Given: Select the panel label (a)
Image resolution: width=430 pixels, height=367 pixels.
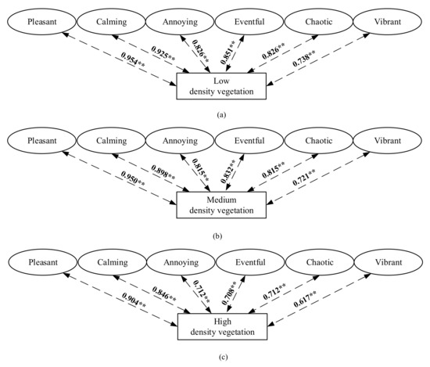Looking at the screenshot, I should pos(222,114).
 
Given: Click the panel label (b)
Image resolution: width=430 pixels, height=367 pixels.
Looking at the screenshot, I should pos(222,235).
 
